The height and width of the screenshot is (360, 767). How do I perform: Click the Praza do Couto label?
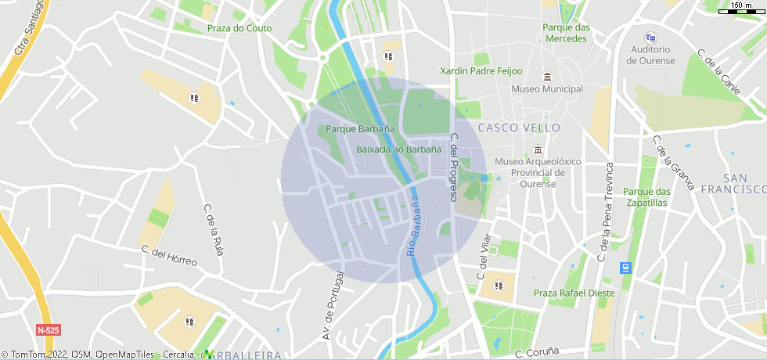(239, 28)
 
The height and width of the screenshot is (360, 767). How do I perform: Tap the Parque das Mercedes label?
(566, 33)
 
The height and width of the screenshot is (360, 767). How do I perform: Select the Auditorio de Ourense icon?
(650, 37)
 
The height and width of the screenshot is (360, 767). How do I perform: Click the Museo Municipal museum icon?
(546, 77)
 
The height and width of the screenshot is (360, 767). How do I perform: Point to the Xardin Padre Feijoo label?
(481, 70)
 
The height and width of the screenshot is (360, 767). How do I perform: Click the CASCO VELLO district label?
(519, 127)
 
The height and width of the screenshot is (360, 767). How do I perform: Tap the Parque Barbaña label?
(360, 128)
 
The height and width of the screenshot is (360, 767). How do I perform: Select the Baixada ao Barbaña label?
(392, 149)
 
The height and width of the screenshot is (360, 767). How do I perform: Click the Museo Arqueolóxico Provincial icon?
(537, 149)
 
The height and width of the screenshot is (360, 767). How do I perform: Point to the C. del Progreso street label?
(453, 167)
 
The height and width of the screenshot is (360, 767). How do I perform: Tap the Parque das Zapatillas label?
(647, 196)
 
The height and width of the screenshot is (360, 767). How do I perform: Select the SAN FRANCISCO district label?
(733, 184)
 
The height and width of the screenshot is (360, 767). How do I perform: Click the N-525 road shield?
(48, 330)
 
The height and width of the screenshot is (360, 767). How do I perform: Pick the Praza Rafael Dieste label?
(574, 293)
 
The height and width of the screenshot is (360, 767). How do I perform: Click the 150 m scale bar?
(742, 10)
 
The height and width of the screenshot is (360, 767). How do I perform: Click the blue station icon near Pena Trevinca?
(625, 268)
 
